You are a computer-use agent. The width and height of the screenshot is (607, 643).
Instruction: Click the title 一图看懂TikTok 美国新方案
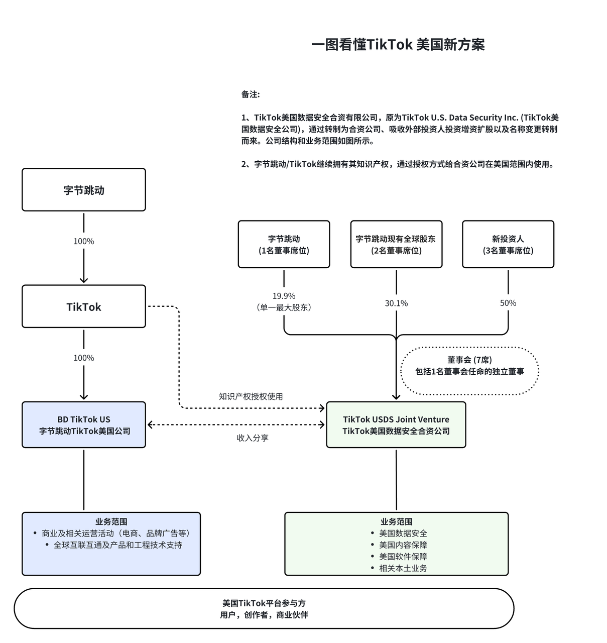tap(398, 45)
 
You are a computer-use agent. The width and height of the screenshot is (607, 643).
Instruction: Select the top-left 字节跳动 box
tap(84, 190)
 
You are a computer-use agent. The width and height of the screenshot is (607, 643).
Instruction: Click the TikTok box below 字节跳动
tap(84, 306)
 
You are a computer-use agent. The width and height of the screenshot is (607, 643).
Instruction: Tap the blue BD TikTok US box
tap(84, 425)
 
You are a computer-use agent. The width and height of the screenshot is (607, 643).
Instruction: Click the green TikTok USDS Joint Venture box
tap(396, 425)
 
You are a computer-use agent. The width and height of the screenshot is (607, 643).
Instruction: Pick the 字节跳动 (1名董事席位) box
tap(284, 245)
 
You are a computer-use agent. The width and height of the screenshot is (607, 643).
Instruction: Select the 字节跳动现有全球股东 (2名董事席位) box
tap(396, 245)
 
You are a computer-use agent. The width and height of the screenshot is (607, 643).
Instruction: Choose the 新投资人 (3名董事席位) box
tap(508, 245)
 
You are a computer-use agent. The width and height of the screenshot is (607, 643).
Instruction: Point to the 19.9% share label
tap(284, 296)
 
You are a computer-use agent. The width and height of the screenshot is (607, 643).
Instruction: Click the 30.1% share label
tap(396, 303)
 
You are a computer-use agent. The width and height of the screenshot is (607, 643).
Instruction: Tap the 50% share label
tap(508, 303)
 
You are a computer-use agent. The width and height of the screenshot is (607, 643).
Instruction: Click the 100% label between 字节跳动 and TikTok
tap(84, 241)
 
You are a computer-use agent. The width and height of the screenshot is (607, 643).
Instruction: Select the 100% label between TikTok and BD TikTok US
tap(84, 358)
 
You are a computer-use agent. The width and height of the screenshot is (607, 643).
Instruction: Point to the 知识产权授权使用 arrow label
tap(251, 396)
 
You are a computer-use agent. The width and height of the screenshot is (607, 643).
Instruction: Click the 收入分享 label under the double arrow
tap(253, 438)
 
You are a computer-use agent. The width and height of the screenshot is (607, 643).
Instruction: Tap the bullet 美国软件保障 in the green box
tap(403, 557)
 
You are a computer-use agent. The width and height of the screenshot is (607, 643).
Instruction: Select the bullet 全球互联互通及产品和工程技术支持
tap(117, 545)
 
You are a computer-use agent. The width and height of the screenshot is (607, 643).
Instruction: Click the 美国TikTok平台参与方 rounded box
tap(264, 609)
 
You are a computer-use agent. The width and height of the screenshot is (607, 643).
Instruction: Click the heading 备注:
tap(251, 94)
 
